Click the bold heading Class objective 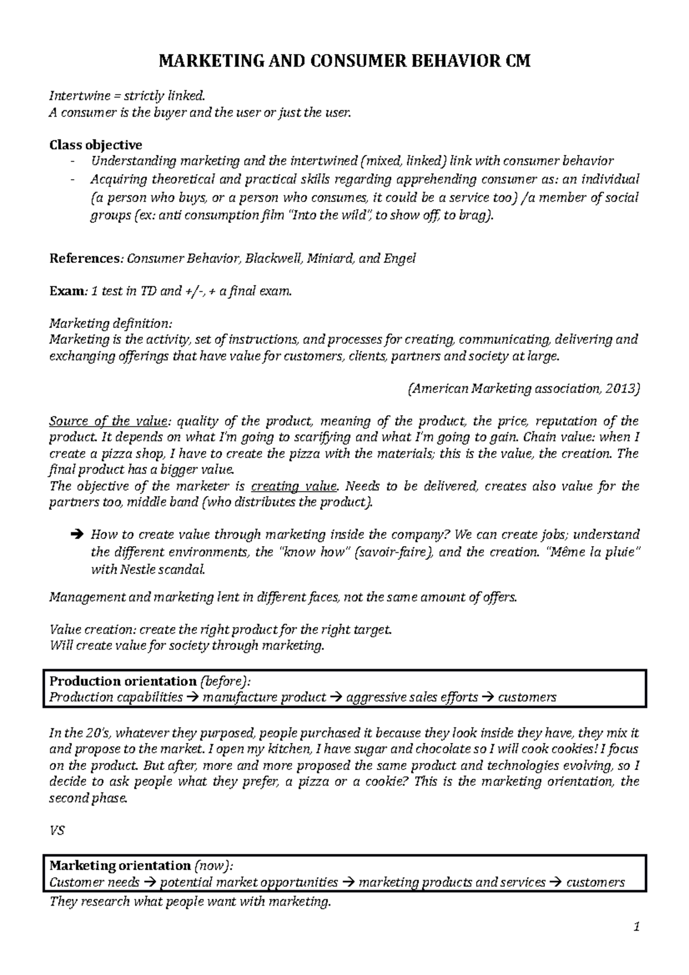pyautogui.click(x=96, y=144)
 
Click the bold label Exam pyautogui.click(x=67, y=291)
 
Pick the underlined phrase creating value pyautogui.click(x=293, y=486)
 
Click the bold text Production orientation pyautogui.click(x=123, y=682)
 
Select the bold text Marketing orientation pyautogui.click(x=120, y=865)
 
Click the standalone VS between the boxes pyautogui.click(x=57, y=831)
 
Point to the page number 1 pyautogui.click(x=636, y=943)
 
